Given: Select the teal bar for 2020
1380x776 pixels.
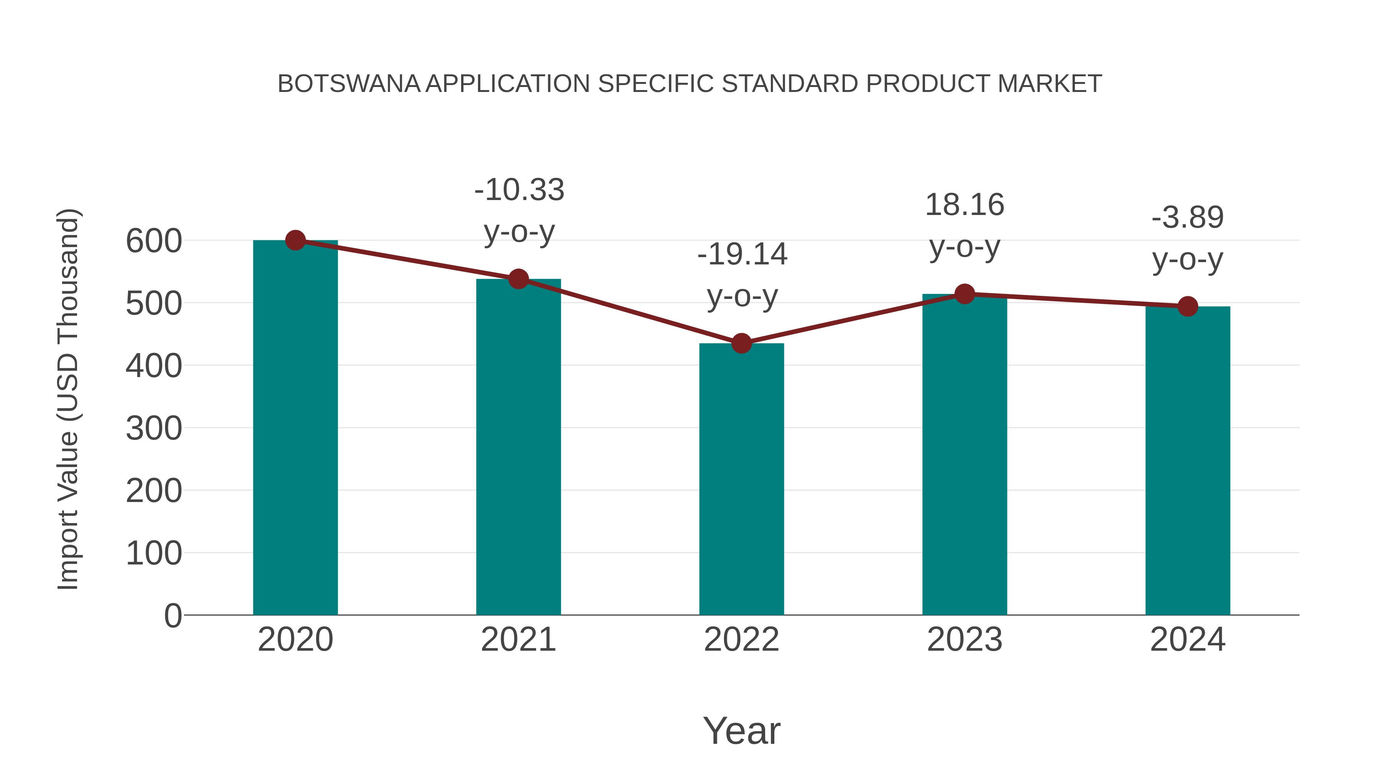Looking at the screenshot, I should pos(295,428).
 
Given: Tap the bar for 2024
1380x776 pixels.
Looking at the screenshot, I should pos(1188,461).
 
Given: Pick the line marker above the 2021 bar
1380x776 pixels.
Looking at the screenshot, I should pos(518,279).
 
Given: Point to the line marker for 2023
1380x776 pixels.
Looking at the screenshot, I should pos(964,294).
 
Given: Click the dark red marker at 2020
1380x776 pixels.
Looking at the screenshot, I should pos(295,240).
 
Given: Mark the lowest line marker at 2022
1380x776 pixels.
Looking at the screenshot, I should pos(741,343).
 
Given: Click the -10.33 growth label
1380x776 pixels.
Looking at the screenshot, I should pos(519,190).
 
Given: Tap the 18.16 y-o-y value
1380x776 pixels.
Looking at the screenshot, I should pos(964,205).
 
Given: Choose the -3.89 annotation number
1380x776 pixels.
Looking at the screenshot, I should pos(1188,217).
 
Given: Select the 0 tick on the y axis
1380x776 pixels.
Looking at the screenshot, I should pos(172,616).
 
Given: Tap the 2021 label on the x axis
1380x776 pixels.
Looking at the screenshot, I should pos(518,640).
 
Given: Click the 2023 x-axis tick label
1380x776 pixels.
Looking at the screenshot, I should pos(964,640).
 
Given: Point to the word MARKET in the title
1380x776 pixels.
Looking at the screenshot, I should pos(1050,84).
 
